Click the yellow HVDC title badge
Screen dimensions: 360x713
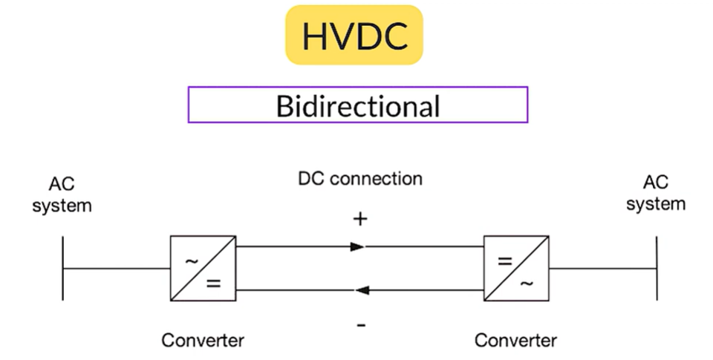354,35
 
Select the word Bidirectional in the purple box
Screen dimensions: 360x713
357,105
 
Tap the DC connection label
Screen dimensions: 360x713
360,179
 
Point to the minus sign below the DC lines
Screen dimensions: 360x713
360,324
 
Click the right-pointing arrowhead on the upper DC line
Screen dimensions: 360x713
358,246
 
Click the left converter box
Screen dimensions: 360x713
203,268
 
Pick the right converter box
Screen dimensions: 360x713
516,268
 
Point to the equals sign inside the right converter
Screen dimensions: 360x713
505,261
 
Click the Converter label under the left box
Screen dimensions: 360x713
203,341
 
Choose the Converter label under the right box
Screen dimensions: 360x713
515,341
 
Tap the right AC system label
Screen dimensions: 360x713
656,193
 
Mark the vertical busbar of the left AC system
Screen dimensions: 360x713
63,268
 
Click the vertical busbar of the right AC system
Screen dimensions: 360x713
657,268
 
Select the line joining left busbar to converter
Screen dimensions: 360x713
117,268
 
